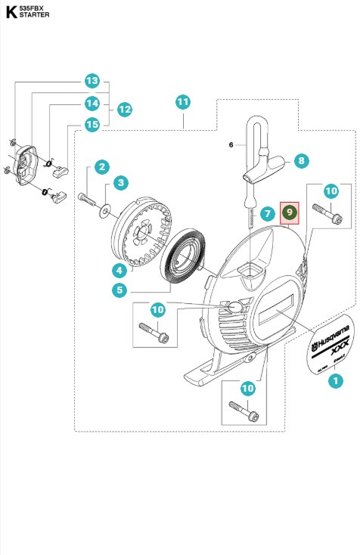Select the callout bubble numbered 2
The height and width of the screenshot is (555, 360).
point(100,166)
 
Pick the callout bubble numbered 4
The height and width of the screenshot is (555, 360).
point(119,269)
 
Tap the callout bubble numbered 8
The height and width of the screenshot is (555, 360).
point(301,160)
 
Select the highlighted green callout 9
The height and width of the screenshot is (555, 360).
point(290,214)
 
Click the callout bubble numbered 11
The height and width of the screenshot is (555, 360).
point(182,101)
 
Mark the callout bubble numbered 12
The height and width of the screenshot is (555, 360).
point(125,110)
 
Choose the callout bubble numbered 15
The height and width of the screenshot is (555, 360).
point(92,123)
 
